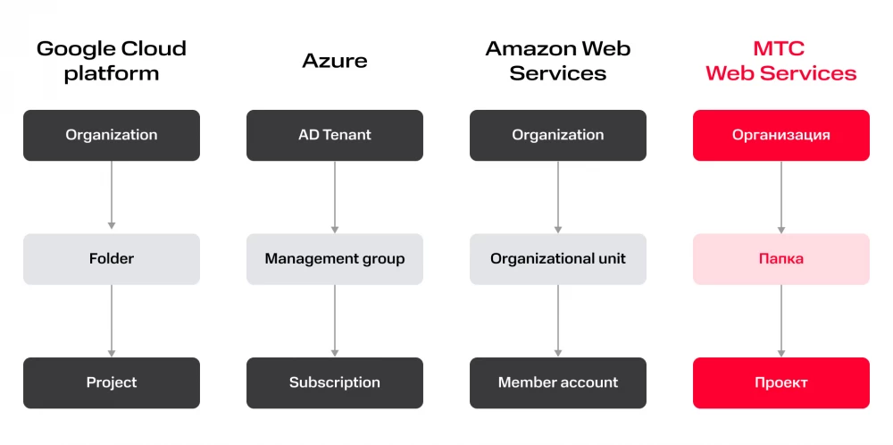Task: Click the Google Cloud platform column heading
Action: (112, 61)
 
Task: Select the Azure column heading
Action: (335, 61)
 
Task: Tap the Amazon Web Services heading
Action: (558, 61)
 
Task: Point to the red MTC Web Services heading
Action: (781, 61)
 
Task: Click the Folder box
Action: (112, 259)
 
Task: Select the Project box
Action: (112, 382)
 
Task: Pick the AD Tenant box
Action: (335, 135)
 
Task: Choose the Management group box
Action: (335, 259)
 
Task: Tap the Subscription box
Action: (335, 382)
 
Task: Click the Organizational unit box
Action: (558, 259)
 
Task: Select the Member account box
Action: (558, 382)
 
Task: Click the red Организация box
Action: (781, 135)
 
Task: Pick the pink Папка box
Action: (781, 259)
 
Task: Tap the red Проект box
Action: (781, 382)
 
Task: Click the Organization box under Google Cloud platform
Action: (112, 135)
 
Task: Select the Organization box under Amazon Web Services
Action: (558, 135)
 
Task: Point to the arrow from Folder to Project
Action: (112, 321)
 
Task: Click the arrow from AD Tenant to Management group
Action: (335, 197)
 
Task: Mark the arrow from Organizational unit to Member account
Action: (558, 321)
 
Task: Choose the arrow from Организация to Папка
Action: (781, 197)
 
